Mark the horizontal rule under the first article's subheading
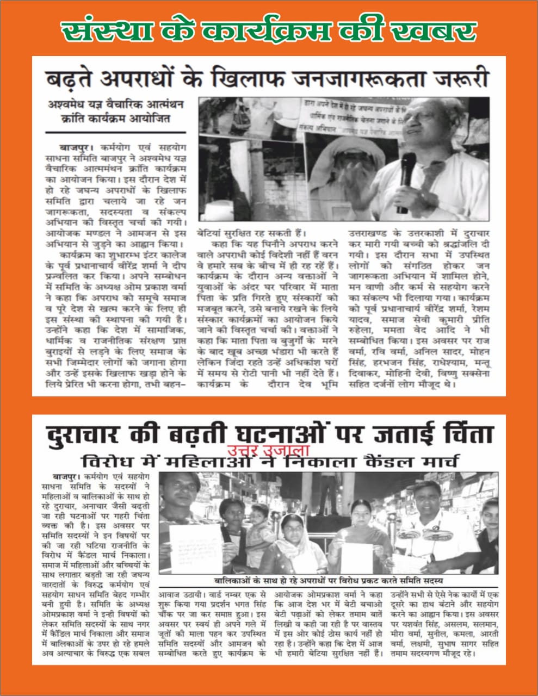coord(115,132)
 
